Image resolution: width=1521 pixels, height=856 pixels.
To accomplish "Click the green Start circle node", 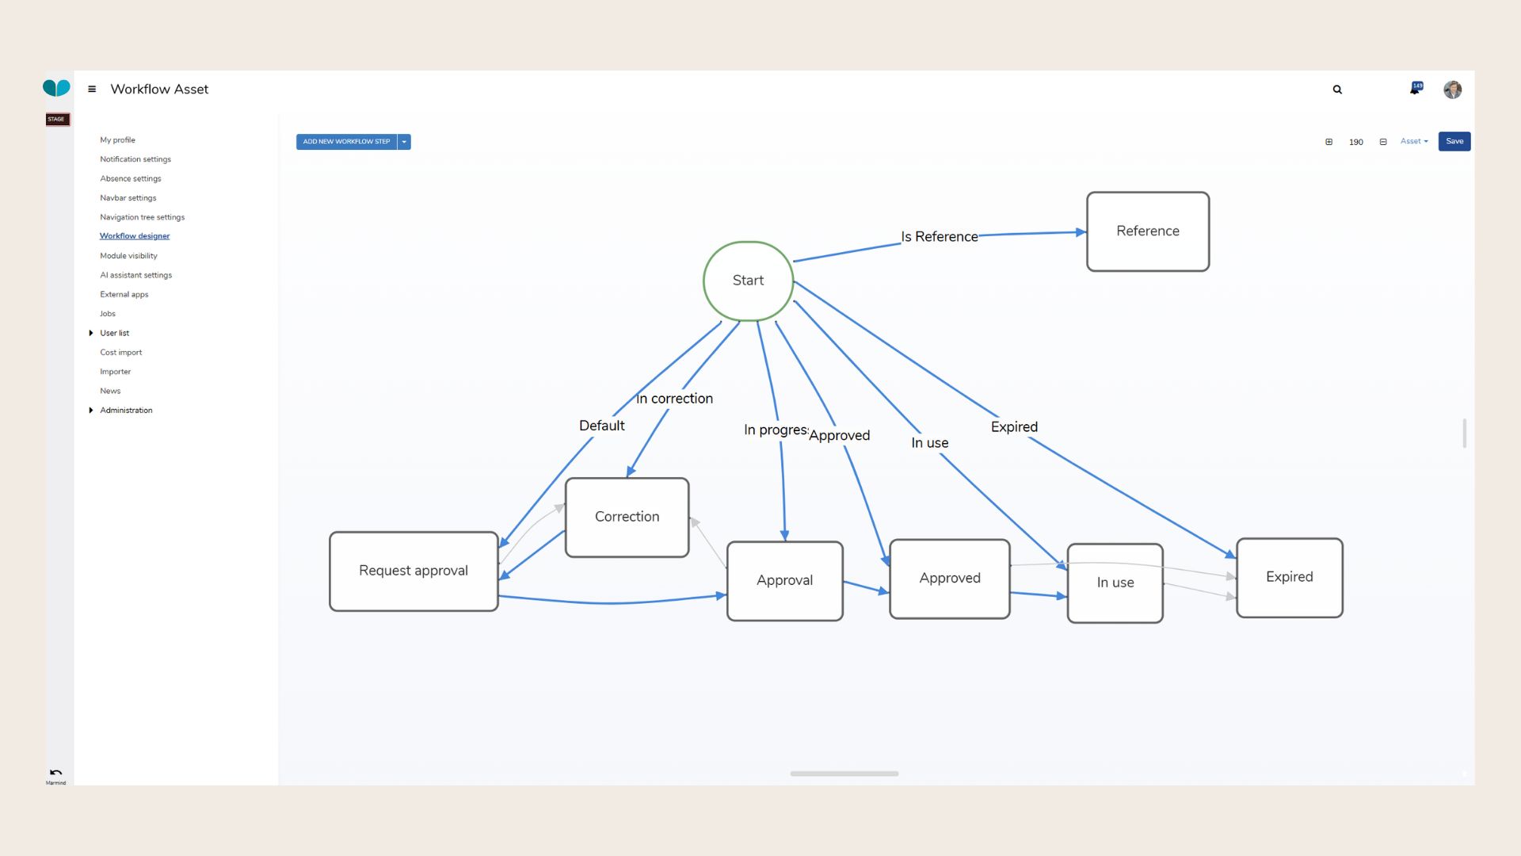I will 748,281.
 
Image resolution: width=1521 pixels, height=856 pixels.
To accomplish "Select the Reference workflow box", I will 1147,231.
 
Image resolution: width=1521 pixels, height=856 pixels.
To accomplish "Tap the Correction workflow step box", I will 627,517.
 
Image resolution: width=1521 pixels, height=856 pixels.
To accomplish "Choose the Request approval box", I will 413,571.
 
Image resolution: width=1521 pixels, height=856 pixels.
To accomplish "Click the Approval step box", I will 784,580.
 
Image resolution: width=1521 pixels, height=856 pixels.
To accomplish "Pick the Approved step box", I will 949,579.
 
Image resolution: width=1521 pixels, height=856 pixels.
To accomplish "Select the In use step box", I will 1115,583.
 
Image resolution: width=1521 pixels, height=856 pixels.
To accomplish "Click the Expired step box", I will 1289,577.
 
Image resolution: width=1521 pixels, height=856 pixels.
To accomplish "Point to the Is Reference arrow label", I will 939,237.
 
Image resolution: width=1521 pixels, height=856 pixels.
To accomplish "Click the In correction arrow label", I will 674,399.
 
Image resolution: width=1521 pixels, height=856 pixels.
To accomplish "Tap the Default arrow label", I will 601,426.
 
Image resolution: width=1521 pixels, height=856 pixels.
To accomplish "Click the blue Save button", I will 1454,141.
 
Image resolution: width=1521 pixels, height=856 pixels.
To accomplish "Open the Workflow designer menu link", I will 135,236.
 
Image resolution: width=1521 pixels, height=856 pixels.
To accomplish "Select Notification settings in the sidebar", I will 135,159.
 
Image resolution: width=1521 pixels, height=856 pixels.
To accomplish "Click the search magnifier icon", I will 1337,90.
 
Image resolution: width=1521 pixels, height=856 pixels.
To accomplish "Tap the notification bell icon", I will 1414,90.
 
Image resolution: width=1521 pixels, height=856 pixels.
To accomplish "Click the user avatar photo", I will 1452,90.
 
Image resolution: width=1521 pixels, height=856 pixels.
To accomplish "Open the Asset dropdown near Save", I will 1413,141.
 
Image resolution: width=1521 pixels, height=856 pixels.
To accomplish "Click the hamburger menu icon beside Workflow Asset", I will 92,90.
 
